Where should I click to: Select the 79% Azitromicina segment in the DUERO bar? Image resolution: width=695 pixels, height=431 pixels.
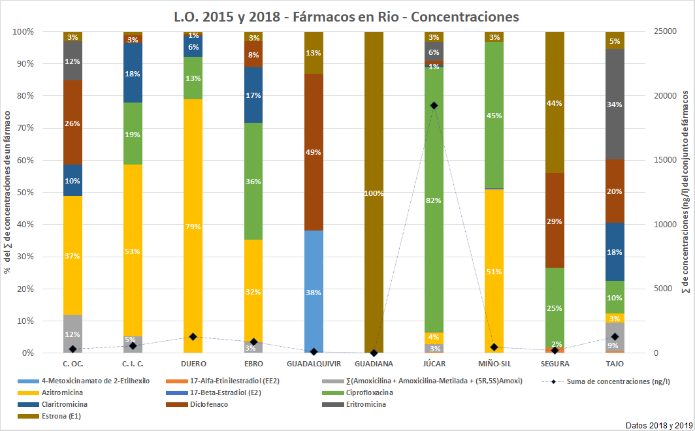coord(193,225)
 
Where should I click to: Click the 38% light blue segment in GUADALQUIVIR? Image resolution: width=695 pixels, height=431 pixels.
coord(314,292)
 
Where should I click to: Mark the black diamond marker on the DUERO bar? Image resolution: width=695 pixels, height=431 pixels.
coord(193,336)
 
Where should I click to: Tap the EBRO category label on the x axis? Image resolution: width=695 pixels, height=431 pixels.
coord(253,364)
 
